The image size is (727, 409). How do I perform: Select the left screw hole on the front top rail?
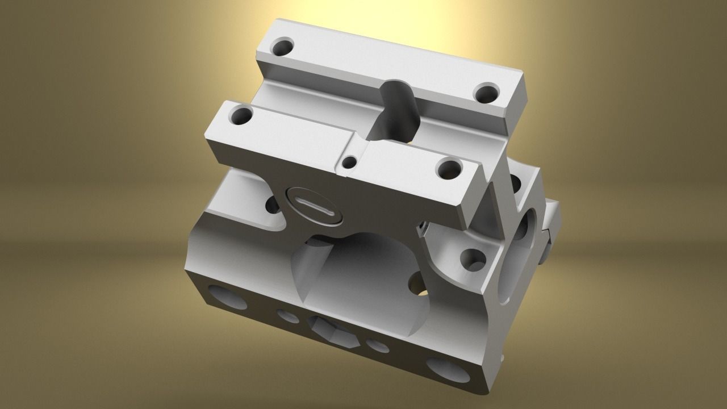(x=242, y=117)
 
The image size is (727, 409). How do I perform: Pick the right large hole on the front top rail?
(x=451, y=168)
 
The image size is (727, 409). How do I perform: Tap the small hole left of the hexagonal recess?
(x=288, y=316)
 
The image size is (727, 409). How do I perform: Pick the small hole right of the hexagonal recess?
(x=377, y=345)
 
